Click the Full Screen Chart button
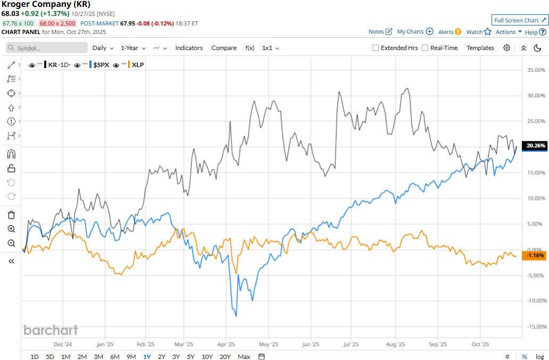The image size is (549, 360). (x=520, y=20)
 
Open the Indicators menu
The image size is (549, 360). (x=189, y=48)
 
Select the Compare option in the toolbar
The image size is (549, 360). (x=224, y=48)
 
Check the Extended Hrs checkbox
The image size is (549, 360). (x=376, y=48)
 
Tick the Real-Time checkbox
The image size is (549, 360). (x=425, y=48)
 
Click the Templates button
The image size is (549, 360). (x=480, y=48)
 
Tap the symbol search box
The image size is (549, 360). (x=47, y=48)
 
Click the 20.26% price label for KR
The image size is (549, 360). (x=535, y=145)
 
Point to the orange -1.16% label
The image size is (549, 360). (x=535, y=256)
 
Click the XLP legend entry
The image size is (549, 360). (x=138, y=65)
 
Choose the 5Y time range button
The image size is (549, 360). (x=190, y=356)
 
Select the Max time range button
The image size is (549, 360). (x=244, y=356)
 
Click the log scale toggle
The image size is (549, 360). (x=539, y=356)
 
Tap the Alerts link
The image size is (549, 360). (x=446, y=32)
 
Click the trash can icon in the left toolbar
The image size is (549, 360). (x=11, y=215)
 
